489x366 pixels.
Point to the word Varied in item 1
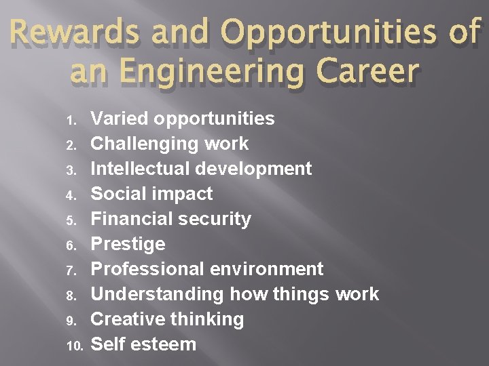tap(120, 119)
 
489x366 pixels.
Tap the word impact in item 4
tap(183, 194)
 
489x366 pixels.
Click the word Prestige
tap(128, 244)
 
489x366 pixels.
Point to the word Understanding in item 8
tap(157, 294)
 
